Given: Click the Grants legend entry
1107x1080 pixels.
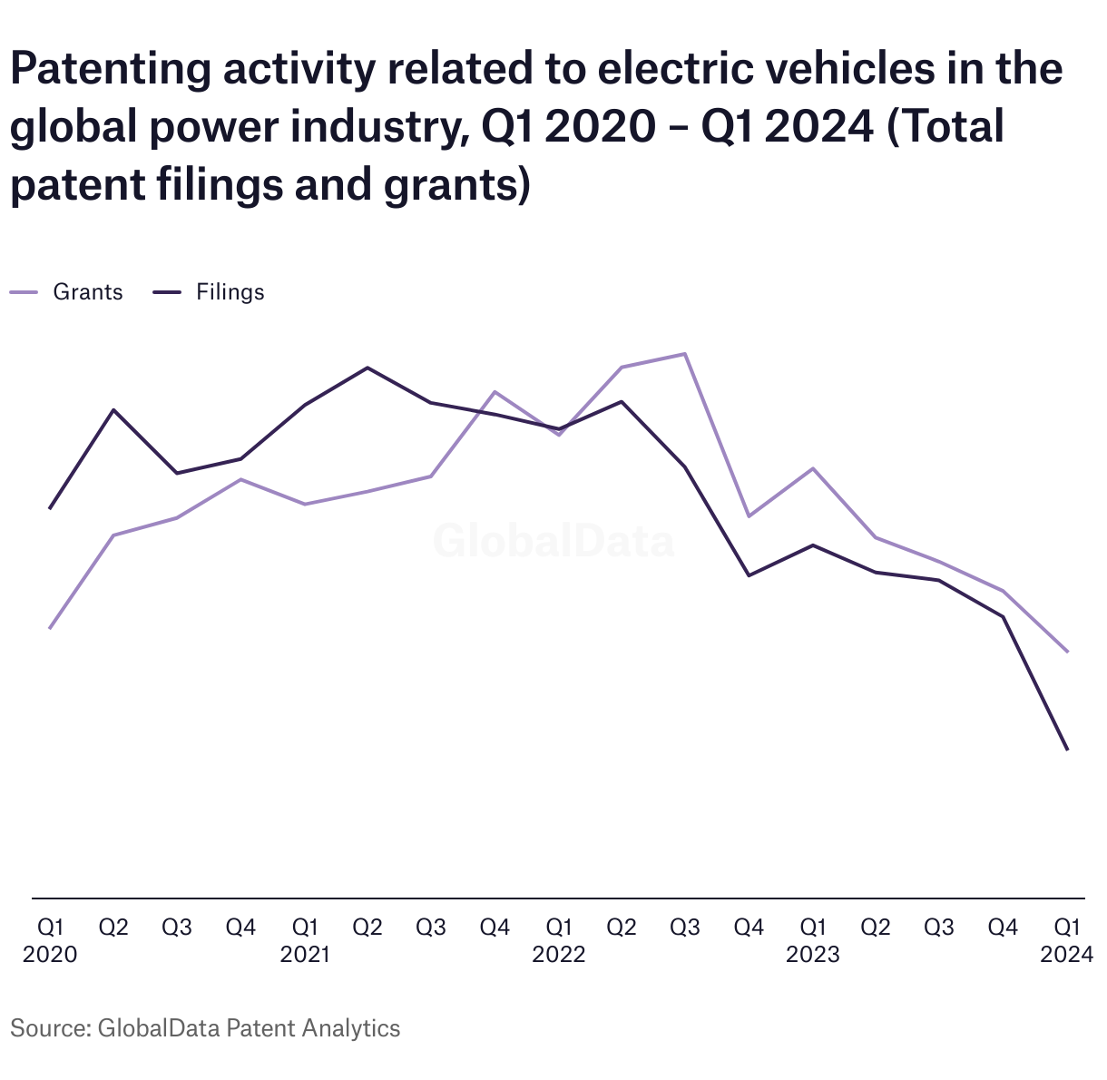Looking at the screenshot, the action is pos(66,292).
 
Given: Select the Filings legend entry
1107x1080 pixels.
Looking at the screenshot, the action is pos(209,292).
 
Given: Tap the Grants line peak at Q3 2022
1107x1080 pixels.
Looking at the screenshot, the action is pos(685,354).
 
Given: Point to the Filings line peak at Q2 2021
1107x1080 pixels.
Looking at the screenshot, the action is pos(367,368).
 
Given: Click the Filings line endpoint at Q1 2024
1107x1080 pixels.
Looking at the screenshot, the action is pos(1067,750).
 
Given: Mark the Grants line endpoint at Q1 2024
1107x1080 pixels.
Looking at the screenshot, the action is pos(1067,652).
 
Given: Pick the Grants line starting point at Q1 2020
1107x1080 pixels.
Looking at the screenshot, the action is pos(50,628).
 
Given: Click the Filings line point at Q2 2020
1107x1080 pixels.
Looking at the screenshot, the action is pos(113,409).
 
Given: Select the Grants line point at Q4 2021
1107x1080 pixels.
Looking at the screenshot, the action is pos(495,392).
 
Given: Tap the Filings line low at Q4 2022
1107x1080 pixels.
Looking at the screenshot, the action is pos(749,575).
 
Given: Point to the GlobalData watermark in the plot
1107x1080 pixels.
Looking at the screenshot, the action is pos(553,541).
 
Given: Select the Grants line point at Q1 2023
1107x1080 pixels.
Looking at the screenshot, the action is pos(813,469).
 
